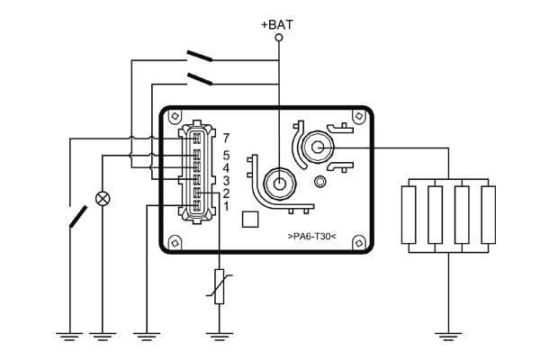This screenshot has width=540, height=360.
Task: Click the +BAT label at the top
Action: pyautogui.click(x=277, y=24)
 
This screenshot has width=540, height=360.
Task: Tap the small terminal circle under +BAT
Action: pyautogui.click(x=278, y=39)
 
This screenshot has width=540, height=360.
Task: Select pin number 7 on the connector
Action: pyautogui.click(x=226, y=138)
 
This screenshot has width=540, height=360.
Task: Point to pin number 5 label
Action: pyautogui.click(x=226, y=155)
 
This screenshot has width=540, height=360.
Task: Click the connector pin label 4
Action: pyautogui.click(x=226, y=167)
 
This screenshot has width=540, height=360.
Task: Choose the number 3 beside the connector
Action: pyautogui.click(x=226, y=180)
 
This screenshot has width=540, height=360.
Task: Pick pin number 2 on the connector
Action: pyautogui.click(x=226, y=193)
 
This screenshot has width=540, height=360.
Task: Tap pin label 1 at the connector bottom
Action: pyautogui.click(x=226, y=206)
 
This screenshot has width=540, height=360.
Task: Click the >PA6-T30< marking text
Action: pyautogui.click(x=311, y=236)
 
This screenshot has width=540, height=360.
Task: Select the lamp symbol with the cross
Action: pyautogui.click(x=103, y=197)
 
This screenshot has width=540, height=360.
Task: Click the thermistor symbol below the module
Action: pyautogui.click(x=219, y=286)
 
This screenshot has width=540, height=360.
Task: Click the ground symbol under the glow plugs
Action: pyautogui.click(x=447, y=337)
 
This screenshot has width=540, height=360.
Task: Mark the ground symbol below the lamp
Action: pyautogui.click(x=103, y=337)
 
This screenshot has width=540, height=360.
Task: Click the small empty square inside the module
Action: pyautogui.click(x=252, y=219)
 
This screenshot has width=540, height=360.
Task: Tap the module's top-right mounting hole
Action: pyautogui.click(x=359, y=117)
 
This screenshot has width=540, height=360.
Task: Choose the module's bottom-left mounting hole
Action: pyautogui.click(x=175, y=241)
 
